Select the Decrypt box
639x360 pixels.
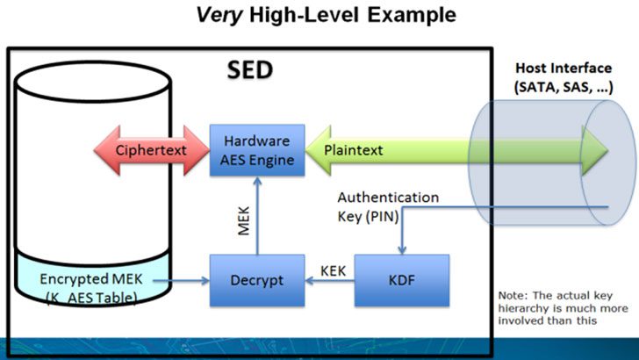pyautogui.click(x=256, y=280)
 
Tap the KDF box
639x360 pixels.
pyautogui.click(x=401, y=280)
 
